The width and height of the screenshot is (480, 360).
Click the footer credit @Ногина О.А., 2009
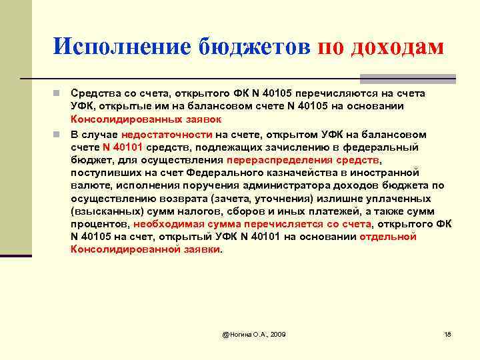[254, 333]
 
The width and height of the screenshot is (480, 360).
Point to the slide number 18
[447, 333]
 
